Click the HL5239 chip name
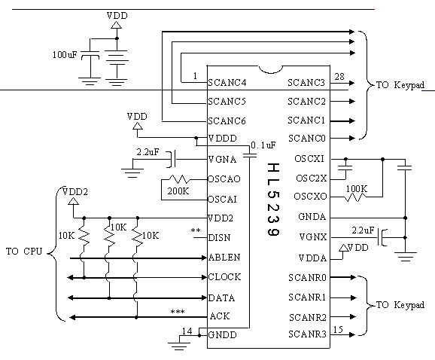[x=273, y=200]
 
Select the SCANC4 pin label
[x=227, y=83]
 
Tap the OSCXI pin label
[x=309, y=159]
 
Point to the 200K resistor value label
[x=178, y=191]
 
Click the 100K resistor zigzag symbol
[x=355, y=197]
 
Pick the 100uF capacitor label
[x=65, y=55]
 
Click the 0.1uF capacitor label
[x=263, y=145]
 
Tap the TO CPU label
[x=24, y=252]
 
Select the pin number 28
[x=339, y=76]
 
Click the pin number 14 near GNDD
[x=187, y=331]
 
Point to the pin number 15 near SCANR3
[x=338, y=329]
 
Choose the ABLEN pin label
[x=224, y=258]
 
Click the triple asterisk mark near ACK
[x=178, y=312]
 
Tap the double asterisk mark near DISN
[x=196, y=230]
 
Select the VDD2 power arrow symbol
[x=73, y=201]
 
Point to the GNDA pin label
[x=312, y=217]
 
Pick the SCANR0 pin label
[x=307, y=278]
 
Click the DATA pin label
[x=221, y=298]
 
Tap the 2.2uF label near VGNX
[x=364, y=230]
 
